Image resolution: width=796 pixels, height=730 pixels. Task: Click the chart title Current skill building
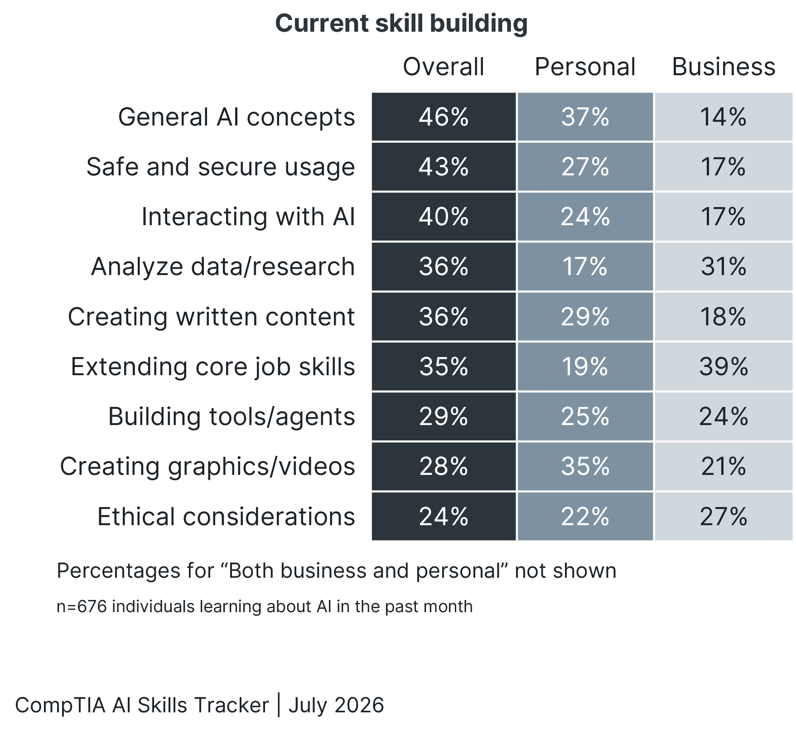pos(401,24)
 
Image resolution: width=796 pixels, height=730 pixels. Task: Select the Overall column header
pos(444,67)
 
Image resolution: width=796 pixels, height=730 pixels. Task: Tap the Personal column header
pos(585,67)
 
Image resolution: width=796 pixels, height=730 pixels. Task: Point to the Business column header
pos(724,67)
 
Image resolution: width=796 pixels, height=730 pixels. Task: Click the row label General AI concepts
pos(236,117)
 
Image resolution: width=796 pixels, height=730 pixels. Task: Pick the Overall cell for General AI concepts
pos(444,117)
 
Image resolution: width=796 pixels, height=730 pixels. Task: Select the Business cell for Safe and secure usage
pos(724,167)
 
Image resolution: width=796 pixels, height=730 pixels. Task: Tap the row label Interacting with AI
pos(248,217)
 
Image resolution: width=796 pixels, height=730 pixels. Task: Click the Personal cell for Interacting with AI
pos(585,217)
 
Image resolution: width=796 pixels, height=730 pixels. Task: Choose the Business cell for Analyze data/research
pos(724,266)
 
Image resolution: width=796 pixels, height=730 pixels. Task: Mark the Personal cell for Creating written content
pos(585,317)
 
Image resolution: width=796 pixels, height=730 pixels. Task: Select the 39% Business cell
pos(724,367)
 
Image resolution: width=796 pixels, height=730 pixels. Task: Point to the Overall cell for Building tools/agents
pos(444,416)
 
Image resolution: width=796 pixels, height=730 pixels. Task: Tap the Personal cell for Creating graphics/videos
pos(585,466)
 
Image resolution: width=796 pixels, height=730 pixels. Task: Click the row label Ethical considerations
pos(226,517)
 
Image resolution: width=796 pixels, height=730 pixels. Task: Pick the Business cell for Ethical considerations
pos(724,517)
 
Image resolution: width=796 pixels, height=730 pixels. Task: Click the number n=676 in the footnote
pos(82,606)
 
